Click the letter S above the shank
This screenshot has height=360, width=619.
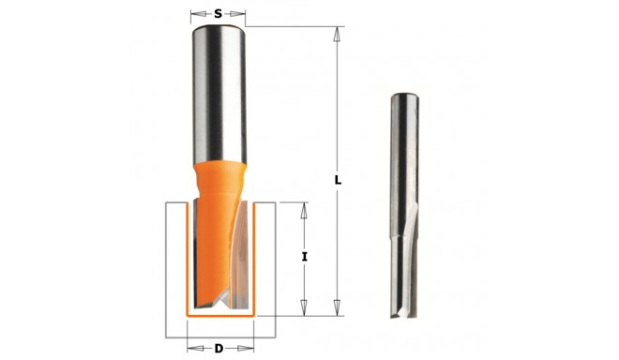[218, 14]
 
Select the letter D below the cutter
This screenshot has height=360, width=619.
[219, 349]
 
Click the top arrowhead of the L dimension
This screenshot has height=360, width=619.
[336, 31]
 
